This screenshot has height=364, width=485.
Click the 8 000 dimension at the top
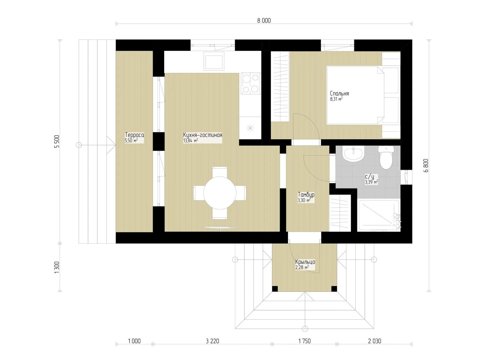click(264, 21)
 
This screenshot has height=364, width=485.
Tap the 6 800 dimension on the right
click(426, 166)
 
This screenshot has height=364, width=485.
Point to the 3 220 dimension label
click(212, 341)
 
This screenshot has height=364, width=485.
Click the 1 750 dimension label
click(304, 341)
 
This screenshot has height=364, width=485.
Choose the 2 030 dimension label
click(374, 341)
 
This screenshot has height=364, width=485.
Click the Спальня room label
click(339, 93)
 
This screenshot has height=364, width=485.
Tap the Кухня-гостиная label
click(202, 135)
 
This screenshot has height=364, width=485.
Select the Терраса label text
click(134, 135)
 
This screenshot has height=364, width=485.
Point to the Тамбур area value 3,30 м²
click(304, 200)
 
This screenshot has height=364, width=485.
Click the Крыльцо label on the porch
click(305, 262)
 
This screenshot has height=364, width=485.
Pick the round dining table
click(220, 193)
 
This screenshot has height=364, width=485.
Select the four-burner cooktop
click(250, 83)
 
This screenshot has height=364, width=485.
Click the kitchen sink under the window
click(214, 61)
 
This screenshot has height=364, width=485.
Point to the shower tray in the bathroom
click(378, 215)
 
